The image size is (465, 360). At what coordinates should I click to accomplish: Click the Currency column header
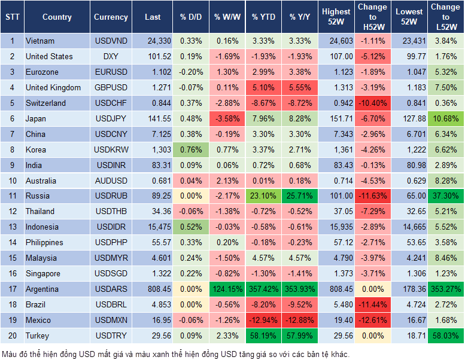(x=111, y=17)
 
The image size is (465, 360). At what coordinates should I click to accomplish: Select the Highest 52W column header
(x=336, y=17)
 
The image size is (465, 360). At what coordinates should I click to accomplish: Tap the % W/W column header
(x=226, y=17)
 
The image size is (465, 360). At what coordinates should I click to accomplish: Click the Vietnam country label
(x=40, y=41)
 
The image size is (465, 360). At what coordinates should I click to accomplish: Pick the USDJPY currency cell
(x=111, y=118)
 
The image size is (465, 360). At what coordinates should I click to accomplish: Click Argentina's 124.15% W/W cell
(x=226, y=289)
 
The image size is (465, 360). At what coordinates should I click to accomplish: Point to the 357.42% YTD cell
(x=264, y=289)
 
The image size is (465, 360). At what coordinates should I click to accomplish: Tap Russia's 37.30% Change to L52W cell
(x=445, y=196)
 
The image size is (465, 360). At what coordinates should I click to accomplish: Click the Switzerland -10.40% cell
(x=372, y=103)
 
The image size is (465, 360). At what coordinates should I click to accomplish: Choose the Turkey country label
(x=37, y=335)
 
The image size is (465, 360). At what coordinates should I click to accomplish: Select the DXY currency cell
(x=111, y=57)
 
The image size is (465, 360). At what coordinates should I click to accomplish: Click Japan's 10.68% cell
(x=445, y=118)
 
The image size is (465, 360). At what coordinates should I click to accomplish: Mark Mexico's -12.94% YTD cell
(x=264, y=320)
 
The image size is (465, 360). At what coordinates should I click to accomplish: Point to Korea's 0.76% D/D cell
(x=190, y=150)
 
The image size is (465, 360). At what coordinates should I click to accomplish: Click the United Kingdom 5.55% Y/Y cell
(x=300, y=88)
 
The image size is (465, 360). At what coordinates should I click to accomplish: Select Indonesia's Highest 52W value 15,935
(x=336, y=227)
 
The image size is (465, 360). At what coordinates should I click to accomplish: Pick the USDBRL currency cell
(x=111, y=304)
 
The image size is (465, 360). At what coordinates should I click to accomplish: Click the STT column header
(x=12, y=17)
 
